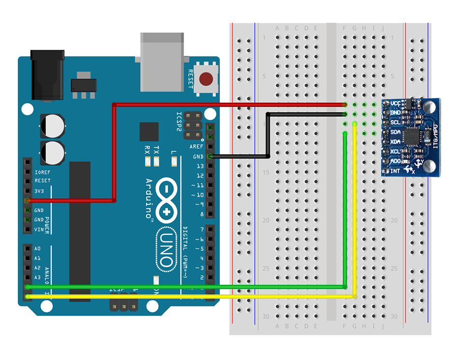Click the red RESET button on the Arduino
pos(206,79)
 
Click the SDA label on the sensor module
pos(395,132)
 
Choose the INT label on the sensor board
pos(395,171)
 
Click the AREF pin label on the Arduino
pos(196,146)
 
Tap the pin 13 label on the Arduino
pos(199,166)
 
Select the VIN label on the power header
pos(39,229)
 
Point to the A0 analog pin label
pos(37,249)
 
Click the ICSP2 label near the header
pos(179,122)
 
